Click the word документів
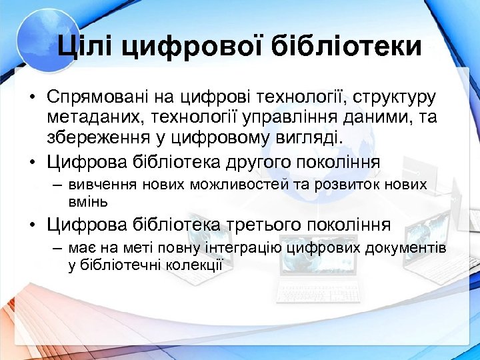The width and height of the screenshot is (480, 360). [407, 248]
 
